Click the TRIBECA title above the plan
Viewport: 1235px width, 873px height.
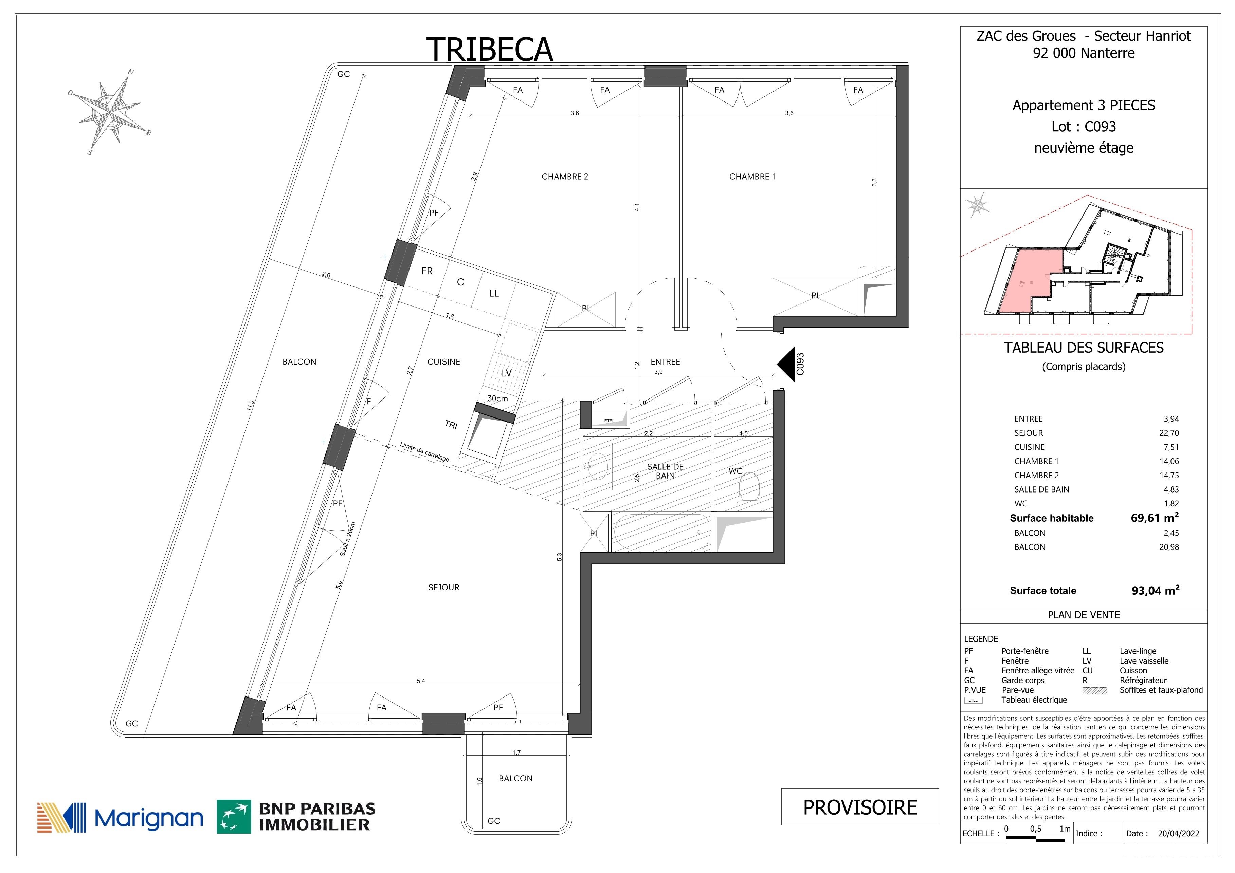coord(489,50)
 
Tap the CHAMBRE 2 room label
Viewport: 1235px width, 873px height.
coord(565,176)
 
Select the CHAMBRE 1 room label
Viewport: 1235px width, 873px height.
coord(752,176)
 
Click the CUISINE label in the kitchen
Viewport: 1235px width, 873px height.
coord(444,362)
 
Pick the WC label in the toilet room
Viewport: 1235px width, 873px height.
coord(735,471)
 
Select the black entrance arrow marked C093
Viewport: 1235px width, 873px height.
coord(786,365)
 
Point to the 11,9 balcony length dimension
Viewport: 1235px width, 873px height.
coord(250,405)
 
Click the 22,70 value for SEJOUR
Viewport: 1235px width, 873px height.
coord(1169,433)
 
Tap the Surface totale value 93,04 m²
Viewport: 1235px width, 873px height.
coord(1156,590)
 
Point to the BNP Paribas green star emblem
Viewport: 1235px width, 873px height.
coord(234,817)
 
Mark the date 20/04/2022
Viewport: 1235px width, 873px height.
coord(1179,833)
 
